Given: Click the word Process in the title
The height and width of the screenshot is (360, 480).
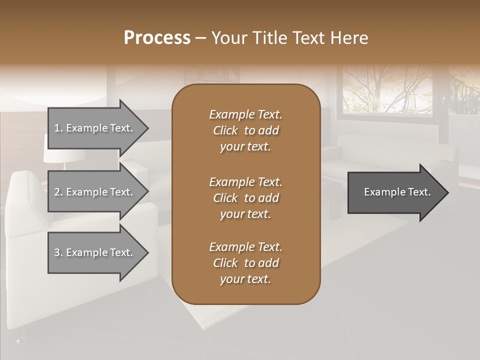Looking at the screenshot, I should click(157, 38).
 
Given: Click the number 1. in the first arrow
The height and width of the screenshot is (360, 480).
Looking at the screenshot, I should click(58, 128).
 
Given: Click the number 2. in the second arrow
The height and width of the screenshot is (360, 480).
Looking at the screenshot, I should click(58, 192).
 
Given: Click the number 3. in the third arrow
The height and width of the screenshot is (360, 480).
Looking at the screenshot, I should click(58, 252).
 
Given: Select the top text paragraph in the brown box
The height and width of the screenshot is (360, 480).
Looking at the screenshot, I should click(245, 130).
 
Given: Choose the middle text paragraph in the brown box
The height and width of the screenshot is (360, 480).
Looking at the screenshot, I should click(245, 197).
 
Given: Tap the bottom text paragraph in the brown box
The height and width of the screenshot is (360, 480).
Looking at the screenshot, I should click(245, 263).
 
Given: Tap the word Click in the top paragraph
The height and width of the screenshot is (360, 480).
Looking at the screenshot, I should click(225, 130).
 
